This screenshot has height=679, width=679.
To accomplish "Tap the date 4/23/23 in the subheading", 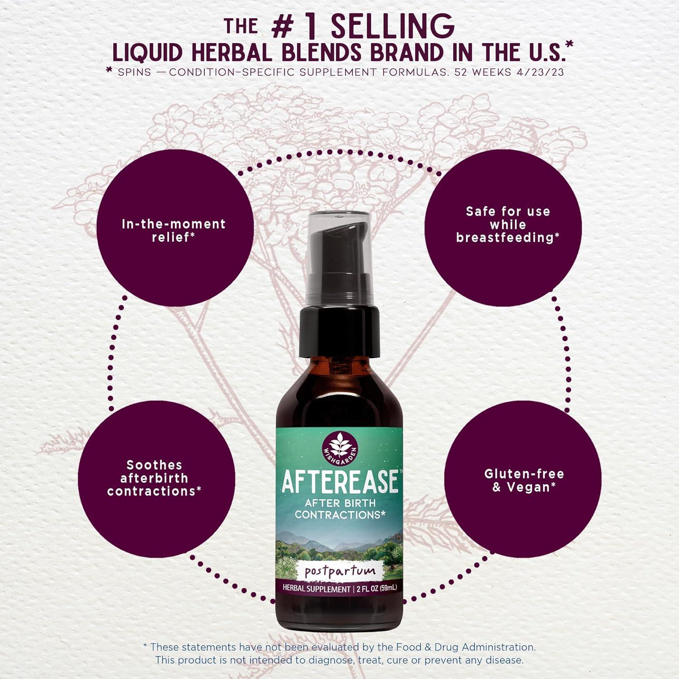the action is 540,72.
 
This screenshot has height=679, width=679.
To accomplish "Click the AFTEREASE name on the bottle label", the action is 340,482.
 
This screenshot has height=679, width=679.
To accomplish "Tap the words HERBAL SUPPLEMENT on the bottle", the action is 316,588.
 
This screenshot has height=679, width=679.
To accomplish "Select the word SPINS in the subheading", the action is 134,72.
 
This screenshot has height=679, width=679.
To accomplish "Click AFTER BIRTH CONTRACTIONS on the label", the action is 340,509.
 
